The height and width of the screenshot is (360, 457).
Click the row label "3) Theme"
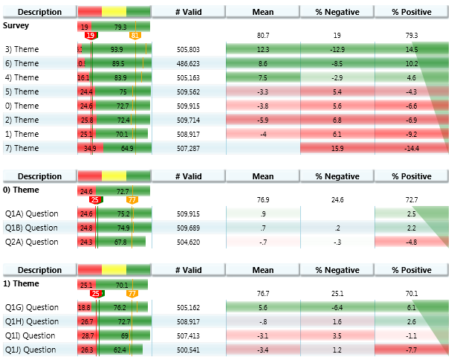click(21, 49)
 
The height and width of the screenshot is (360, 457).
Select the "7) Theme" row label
click(21, 148)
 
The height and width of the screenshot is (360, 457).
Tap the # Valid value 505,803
click(189, 49)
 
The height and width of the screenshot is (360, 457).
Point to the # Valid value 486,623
click(189, 63)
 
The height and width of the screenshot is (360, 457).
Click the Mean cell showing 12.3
click(263, 49)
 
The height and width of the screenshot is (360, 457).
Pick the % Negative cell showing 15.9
click(337, 148)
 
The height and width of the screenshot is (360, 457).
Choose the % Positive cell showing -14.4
click(412, 148)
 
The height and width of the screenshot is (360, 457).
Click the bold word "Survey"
click(17, 25)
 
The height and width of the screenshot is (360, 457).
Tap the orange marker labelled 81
click(134, 36)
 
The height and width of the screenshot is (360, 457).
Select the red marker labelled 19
click(90, 36)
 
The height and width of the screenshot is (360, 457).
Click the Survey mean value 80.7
click(263, 35)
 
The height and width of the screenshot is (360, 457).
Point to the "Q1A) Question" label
click(31, 213)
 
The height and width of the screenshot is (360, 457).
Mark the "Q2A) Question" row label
click(31, 242)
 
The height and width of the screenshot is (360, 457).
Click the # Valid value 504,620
click(189, 242)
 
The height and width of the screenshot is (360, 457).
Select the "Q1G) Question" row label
click(31, 307)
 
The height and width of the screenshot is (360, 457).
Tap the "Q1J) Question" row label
click(30, 350)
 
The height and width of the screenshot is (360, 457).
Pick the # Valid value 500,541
click(189, 350)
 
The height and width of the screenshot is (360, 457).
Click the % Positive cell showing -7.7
click(412, 350)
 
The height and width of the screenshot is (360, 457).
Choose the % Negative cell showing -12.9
click(337, 49)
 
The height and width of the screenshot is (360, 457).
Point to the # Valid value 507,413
click(189, 335)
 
